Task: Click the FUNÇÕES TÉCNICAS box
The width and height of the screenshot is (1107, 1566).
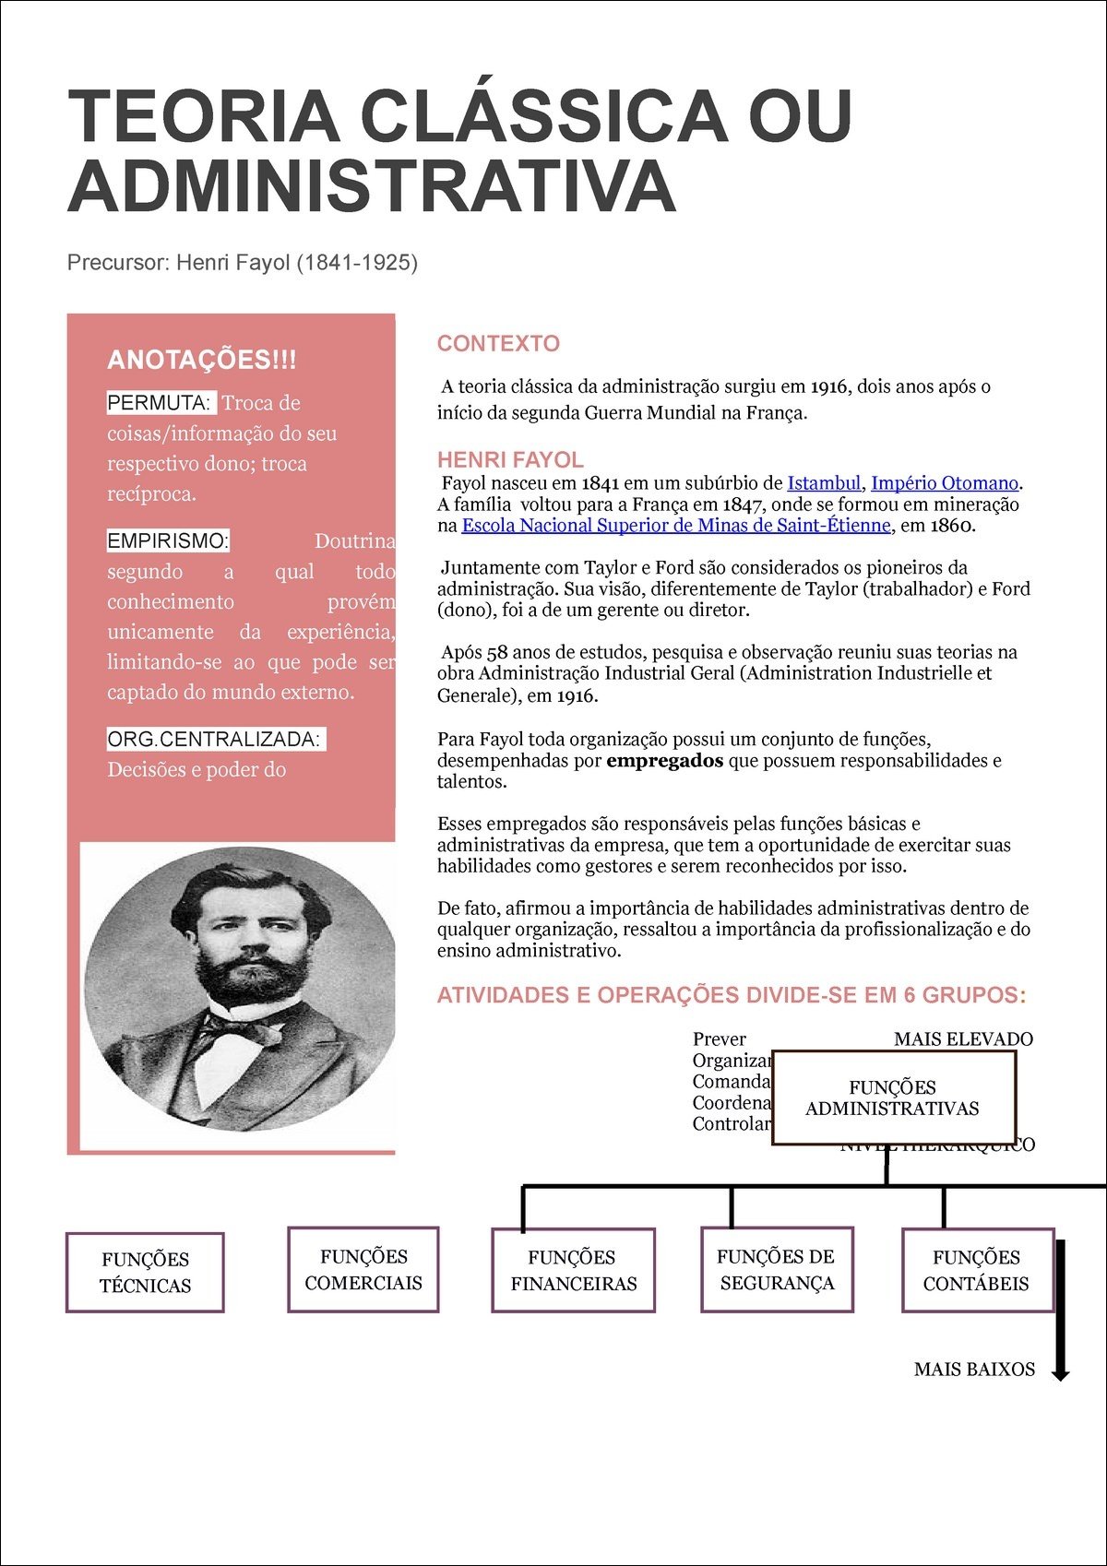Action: (x=145, y=1273)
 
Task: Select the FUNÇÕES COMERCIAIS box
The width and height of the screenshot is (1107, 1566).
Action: (x=363, y=1269)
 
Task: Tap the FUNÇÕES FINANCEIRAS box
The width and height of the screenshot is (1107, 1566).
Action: (x=574, y=1270)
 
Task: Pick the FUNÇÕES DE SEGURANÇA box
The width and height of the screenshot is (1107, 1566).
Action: (x=777, y=1269)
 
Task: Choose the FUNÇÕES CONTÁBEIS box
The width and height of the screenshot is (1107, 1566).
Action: (x=977, y=1270)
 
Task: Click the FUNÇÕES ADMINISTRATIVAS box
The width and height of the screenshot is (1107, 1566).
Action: (x=893, y=1097)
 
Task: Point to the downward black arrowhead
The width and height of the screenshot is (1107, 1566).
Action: (x=1061, y=1373)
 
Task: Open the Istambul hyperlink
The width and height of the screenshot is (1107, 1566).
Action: (x=823, y=483)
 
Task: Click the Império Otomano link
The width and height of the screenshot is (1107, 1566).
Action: (x=945, y=483)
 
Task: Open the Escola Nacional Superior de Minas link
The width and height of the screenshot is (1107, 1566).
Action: (x=676, y=526)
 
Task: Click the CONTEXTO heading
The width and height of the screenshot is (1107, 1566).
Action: (x=498, y=344)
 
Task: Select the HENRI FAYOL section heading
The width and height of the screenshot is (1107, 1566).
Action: (x=510, y=459)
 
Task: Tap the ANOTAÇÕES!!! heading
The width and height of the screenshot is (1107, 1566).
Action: (x=202, y=360)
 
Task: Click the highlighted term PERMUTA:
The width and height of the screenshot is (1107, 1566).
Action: (x=161, y=403)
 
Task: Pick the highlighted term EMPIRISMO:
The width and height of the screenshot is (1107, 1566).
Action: (x=168, y=541)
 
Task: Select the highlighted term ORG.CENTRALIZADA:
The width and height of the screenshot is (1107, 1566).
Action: (x=214, y=740)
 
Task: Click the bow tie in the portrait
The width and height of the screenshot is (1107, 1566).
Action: (x=242, y=1028)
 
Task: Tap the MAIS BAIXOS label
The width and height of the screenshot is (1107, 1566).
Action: (x=974, y=1370)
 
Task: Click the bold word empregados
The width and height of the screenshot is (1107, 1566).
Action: (x=664, y=761)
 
